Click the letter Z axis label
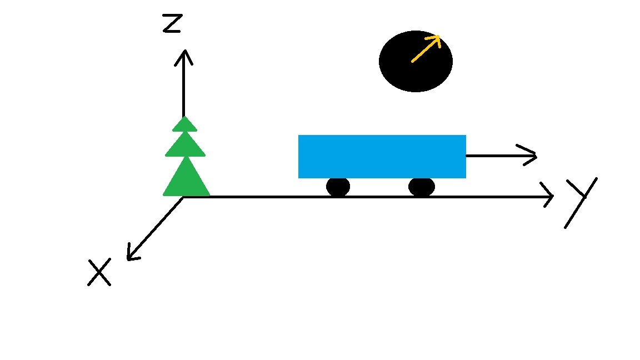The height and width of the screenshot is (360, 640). pyautogui.click(x=172, y=24)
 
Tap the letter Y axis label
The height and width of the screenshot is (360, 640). pyautogui.click(x=580, y=201)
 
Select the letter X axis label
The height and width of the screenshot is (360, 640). pyautogui.click(x=99, y=273)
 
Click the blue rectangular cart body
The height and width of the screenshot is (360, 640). pyautogui.click(x=382, y=156)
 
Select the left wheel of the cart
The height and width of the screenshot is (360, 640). pyautogui.click(x=338, y=187)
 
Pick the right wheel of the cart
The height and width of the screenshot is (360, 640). pyautogui.click(x=421, y=187)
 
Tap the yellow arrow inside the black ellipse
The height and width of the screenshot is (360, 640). pyautogui.click(x=425, y=49)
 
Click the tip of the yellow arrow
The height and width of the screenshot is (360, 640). pyautogui.click(x=439, y=37)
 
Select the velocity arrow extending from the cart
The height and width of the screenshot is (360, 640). pyautogui.click(x=500, y=156)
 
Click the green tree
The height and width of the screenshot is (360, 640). pyautogui.click(x=186, y=161)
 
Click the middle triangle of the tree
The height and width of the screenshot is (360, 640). pyautogui.click(x=185, y=146)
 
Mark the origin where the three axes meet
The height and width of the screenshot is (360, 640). pyautogui.click(x=184, y=197)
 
